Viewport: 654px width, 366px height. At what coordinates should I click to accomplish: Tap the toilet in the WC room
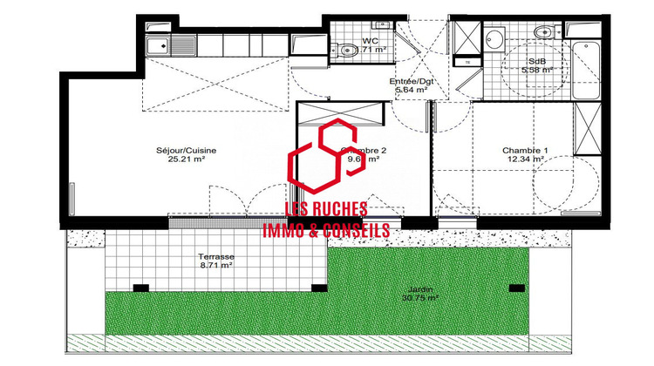pos(347,48)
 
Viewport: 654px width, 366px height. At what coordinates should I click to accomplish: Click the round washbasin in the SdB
pos(494,39)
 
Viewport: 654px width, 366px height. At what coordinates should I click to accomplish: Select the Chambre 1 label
pos(524,150)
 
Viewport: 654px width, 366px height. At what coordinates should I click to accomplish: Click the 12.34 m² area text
pos(524,159)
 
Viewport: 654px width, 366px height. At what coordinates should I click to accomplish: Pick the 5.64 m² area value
pos(411,90)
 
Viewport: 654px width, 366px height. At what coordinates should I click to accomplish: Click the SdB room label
pos(535,61)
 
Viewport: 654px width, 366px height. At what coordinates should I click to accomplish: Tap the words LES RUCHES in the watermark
pos(326,210)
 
